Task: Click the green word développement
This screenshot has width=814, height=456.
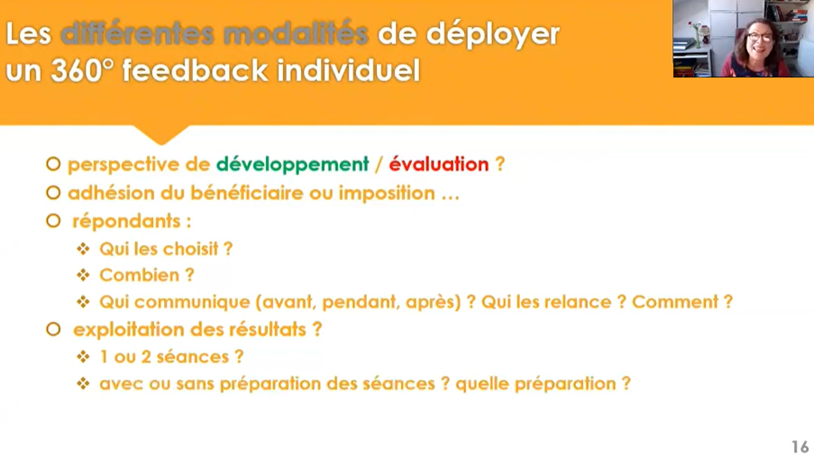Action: (292, 165)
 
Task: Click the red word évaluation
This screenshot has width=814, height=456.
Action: (439, 164)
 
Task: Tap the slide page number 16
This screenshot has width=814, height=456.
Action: (800, 447)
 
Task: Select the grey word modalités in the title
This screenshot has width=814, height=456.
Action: (296, 33)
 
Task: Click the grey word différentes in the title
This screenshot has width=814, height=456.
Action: (137, 33)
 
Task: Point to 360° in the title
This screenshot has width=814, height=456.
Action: (82, 70)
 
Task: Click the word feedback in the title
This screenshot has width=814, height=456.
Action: (196, 70)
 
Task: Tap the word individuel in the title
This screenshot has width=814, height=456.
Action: (348, 70)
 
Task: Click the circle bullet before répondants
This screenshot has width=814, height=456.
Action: (53, 221)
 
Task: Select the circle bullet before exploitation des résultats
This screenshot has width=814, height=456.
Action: (53, 329)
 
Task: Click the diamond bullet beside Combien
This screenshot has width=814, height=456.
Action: (83, 275)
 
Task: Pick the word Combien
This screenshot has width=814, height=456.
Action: (140, 275)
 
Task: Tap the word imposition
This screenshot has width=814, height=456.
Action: (387, 193)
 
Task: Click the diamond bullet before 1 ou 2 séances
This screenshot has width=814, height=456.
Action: (83, 356)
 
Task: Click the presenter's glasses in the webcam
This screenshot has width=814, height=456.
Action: (761, 38)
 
